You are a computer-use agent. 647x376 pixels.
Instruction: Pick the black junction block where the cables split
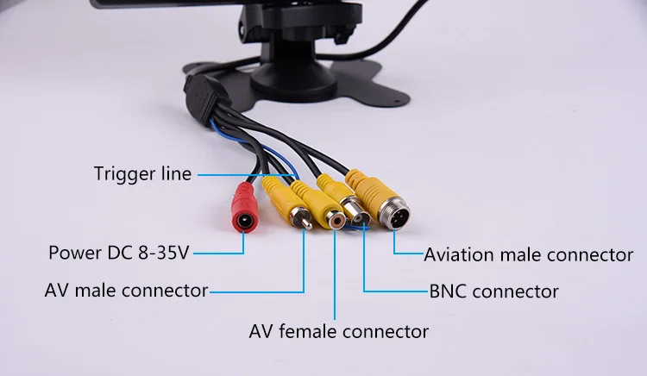(202, 98)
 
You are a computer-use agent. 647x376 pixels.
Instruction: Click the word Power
(76, 253)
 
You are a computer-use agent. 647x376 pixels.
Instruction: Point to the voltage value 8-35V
(163, 253)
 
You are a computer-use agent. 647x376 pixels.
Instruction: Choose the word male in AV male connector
(96, 291)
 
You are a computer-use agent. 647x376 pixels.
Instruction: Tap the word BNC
(448, 291)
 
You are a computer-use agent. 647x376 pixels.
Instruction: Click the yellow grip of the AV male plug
(277, 195)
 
